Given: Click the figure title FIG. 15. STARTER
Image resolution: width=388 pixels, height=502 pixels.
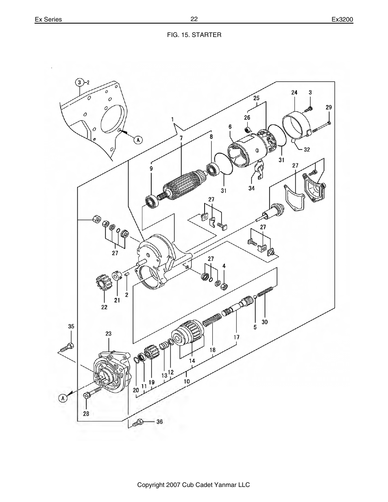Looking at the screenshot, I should tap(194, 35).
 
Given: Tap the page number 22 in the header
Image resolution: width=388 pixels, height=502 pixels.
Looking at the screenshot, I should tap(194, 19).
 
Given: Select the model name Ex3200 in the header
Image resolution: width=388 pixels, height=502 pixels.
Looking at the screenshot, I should tap(342, 20).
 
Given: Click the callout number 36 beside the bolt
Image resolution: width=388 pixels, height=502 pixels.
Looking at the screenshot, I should tap(159, 422).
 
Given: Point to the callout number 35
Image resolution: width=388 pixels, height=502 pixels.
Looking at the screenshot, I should tap(71, 326).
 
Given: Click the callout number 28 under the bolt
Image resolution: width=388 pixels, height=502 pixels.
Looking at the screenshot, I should tap(86, 414).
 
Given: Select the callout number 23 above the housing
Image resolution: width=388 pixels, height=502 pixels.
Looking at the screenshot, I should tap(108, 334).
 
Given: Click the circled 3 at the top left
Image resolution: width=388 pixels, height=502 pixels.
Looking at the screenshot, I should tap(80, 83).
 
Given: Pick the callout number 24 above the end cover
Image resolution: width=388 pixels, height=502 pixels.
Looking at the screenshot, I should tap(294, 92).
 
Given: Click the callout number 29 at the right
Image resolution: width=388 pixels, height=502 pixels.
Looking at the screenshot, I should tap(329, 107).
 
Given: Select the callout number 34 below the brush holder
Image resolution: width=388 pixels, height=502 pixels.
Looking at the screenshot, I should tap(251, 188).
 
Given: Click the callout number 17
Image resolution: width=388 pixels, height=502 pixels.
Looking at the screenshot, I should tap(236, 337).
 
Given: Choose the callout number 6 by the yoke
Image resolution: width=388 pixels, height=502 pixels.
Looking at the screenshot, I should tap(230, 127).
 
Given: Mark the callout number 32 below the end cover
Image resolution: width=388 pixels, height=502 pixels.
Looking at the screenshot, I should tap(307, 150).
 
